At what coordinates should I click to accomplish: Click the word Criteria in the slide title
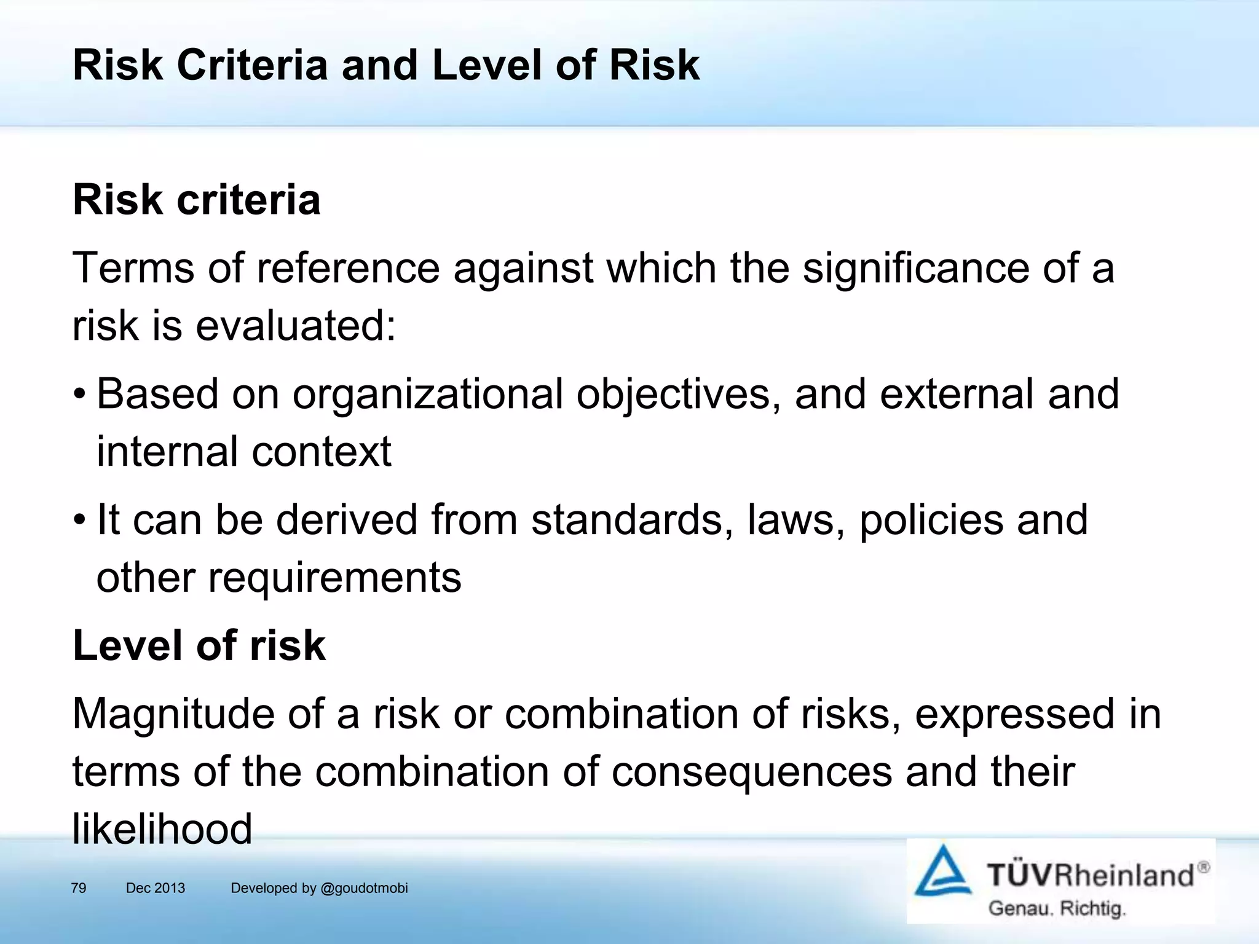coord(252,65)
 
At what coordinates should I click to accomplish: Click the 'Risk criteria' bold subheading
coord(197,200)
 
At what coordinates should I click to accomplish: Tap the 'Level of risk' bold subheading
coord(199,645)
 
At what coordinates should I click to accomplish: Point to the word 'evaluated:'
coord(296,326)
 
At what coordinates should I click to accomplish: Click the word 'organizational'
coord(427,394)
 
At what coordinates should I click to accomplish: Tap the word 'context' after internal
coord(321,452)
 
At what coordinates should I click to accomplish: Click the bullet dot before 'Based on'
coord(79,394)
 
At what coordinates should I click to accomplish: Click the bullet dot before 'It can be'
coord(79,520)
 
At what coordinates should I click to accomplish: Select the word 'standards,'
coord(632,520)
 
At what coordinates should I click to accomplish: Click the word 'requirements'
coord(334,578)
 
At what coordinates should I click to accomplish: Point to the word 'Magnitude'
coord(173,714)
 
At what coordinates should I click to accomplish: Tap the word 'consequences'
coord(751,772)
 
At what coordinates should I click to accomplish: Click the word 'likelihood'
coord(162,829)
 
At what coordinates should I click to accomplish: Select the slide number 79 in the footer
coord(79,888)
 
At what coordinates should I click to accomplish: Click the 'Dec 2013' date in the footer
coord(156,888)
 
